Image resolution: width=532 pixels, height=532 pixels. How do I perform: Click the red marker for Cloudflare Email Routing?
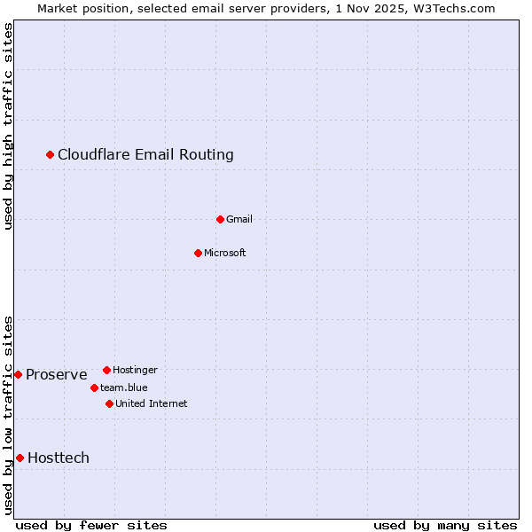coord(51,155)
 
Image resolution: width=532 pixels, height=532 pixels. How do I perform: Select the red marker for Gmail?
coord(220,219)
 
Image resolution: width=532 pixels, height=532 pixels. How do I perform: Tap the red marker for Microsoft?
coord(198,253)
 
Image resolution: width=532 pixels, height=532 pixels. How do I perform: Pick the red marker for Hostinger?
coord(106,370)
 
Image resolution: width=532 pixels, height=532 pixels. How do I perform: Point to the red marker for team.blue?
coord(94,387)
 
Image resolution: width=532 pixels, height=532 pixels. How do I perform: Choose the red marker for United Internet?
coord(109,403)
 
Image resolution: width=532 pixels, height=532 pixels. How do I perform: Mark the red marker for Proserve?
coord(18,374)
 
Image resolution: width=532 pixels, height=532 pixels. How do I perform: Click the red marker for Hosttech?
coord(20,458)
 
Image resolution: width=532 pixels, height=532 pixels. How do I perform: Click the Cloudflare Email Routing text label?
coord(145,155)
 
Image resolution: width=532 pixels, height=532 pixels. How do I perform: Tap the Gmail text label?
coord(239,219)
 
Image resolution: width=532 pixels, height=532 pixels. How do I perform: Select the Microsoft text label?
coord(225,253)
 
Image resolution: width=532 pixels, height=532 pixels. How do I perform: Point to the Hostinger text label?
coord(135,370)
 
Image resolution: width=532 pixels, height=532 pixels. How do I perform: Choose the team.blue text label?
coord(124,387)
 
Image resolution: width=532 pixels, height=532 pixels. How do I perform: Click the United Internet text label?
coord(152,403)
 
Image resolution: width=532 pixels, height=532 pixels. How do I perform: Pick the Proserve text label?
coord(57,375)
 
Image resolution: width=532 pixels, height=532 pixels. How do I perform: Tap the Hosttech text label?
coord(59,458)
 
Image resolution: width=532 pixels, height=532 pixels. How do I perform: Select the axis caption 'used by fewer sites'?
coord(91,525)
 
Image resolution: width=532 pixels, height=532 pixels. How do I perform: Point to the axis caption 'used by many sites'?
coord(445,525)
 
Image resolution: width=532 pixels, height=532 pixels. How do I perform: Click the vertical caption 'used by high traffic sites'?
coord(8,126)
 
